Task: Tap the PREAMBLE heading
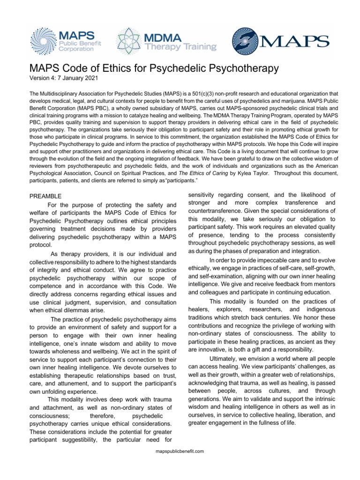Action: click(46, 196)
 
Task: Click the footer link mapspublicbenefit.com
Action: click(180, 451)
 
